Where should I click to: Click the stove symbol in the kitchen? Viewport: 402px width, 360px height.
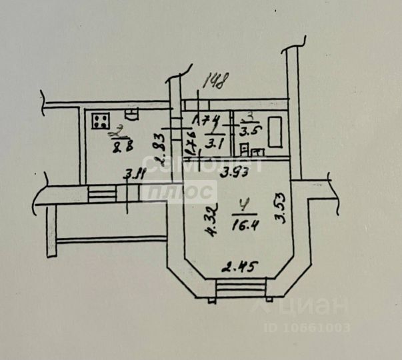coord(102,121)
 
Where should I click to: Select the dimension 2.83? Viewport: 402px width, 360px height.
coord(159,149)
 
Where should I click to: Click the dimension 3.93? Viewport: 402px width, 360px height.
coord(235,173)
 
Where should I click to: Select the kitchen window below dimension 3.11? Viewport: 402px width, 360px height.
coord(102,195)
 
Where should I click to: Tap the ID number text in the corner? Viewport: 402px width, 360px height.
coord(308,327)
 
